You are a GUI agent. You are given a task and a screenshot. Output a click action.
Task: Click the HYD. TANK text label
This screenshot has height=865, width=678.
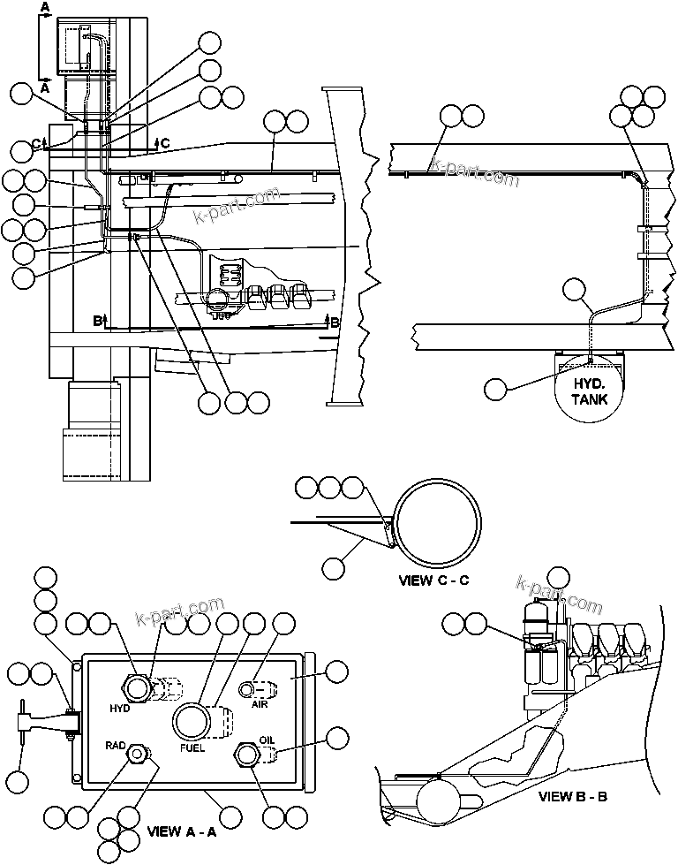[x=590, y=391]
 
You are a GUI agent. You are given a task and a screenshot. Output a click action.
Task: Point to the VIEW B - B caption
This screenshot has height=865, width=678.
[x=572, y=795]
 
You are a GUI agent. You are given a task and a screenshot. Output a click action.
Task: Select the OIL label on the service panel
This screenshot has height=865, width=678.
[x=267, y=740]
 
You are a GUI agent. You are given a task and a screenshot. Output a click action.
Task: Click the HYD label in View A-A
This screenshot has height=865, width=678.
[x=121, y=709]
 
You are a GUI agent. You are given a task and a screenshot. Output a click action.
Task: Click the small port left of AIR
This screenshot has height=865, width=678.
[x=249, y=688]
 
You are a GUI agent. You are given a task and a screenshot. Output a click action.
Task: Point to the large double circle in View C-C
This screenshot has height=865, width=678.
[x=438, y=525]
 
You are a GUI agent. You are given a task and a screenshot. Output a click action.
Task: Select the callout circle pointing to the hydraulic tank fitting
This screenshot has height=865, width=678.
[x=498, y=389]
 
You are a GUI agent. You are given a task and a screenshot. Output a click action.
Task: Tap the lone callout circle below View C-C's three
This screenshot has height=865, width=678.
[x=333, y=568]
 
